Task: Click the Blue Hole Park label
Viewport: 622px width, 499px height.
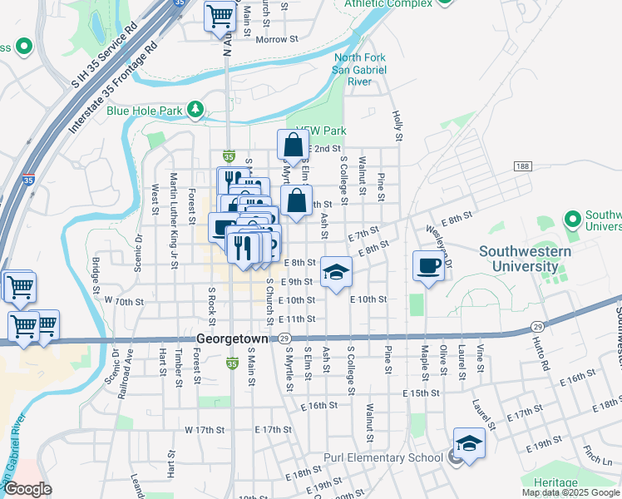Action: [144, 110]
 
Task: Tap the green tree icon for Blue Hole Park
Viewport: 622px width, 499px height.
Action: [195, 109]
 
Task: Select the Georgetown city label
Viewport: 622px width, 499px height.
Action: [233, 339]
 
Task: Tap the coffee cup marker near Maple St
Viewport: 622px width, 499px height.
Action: [429, 266]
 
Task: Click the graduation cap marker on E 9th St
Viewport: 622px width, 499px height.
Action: [336, 272]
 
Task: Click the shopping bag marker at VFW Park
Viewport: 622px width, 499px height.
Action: [293, 146]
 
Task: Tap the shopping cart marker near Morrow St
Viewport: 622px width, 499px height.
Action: [220, 15]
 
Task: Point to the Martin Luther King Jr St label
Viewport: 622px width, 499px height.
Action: [175, 220]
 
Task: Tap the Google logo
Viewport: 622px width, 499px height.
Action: [27, 489]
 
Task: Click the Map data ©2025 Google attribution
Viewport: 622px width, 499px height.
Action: [571, 492]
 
